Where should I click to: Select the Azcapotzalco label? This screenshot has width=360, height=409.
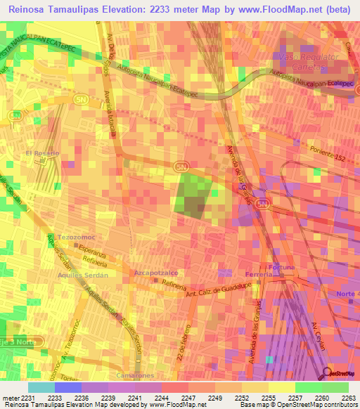[x=155, y=271]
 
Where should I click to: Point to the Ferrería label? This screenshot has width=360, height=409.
[x=258, y=273]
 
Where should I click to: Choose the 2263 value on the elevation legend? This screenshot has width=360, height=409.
[x=349, y=398]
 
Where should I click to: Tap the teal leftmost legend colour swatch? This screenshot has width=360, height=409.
[x=41, y=387]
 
